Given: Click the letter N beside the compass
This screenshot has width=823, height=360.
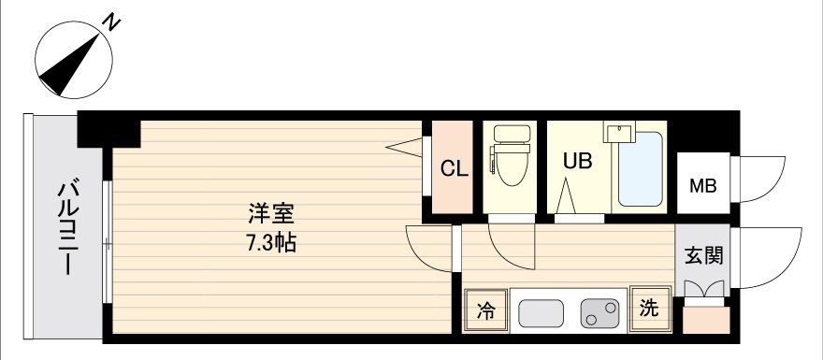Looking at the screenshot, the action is pyautogui.click(x=111, y=22).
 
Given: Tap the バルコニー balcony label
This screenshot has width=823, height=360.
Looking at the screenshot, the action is pyautogui.click(x=68, y=228).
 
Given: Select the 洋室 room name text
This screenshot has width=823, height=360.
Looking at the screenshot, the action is pyautogui.click(x=271, y=216).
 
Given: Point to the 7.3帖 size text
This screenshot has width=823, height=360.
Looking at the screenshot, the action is pyautogui.click(x=271, y=243).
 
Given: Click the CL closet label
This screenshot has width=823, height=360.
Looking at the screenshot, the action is pyautogui.click(x=454, y=169).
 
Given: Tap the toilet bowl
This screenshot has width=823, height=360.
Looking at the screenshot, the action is pyautogui.click(x=510, y=156).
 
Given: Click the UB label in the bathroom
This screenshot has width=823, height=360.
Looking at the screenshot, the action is pyautogui.click(x=578, y=162).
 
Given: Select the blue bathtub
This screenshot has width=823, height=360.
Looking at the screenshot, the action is pyautogui.click(x=640, y=168).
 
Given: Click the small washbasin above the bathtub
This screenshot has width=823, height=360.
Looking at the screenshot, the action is pyautogui.click(x=619, y=131).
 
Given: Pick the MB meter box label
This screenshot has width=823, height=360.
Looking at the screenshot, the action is pyautogui.click(x=702, y=186).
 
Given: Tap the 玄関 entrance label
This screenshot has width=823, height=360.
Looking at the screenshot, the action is pyautogui.click(x=702, y=255).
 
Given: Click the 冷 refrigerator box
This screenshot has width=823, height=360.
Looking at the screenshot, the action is pyautogui.click(x=486, y=310).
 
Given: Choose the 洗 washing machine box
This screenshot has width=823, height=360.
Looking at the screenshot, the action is pyautogui.click(x=650, y=310).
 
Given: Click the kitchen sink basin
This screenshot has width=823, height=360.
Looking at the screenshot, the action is pyautogui.click(x=541, y=313).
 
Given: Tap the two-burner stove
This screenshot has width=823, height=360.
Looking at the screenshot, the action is pyautogui.click(x=599, y=313).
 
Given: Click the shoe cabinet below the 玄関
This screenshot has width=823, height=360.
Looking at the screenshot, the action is pyautogui.click(x=706, y=320).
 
